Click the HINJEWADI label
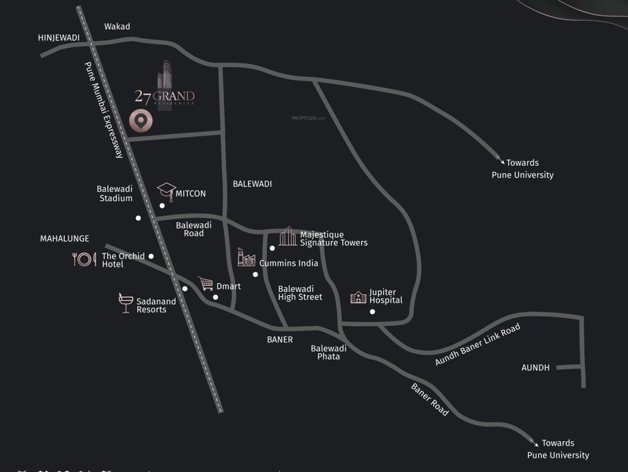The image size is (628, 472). tap(59, 37)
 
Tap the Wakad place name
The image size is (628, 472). tap(117, 26)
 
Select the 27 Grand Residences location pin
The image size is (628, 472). tap(141, 121)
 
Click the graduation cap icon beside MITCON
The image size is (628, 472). tap(166, 190)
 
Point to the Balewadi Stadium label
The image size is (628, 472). tap(114, 194)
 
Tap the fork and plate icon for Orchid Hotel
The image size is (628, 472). tap(84, 259)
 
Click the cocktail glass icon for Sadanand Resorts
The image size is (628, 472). tap(125, 303)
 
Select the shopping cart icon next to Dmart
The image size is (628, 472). tap(205, 284)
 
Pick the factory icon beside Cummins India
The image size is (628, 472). tap(246, 258)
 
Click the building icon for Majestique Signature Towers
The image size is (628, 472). tap(287, 236)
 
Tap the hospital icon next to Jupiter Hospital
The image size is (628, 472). tap(358, 297)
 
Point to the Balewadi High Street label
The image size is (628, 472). tap(300, 293)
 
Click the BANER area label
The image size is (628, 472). tap(280, 339)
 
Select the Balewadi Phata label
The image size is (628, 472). tap(328, 352)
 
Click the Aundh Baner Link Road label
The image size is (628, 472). tap(477, 345)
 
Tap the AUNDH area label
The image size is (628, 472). tap(535, 368)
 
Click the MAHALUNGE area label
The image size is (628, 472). tap(65, 238)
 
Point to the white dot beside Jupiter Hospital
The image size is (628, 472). tap(372, 312)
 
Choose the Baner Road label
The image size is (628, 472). tap(430, 399)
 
